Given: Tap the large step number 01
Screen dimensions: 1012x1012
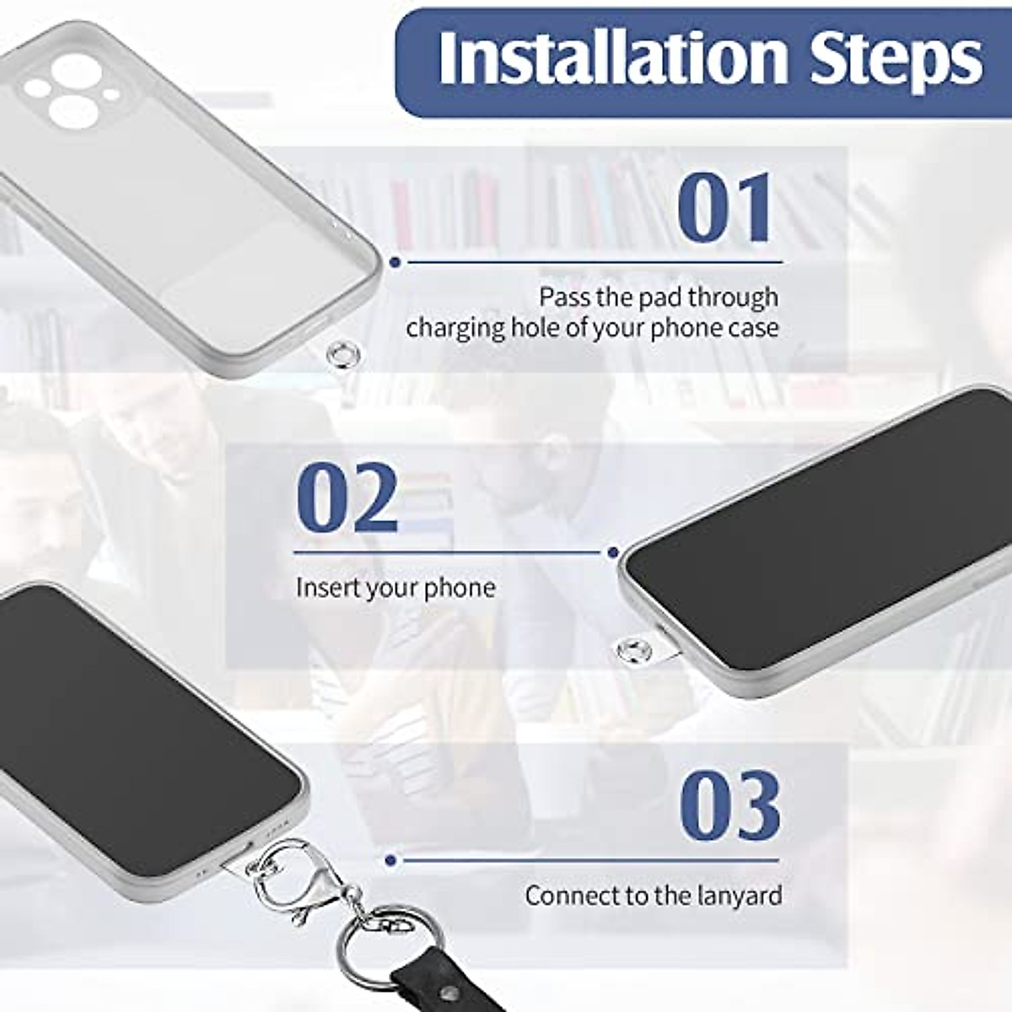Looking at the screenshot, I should point(725,207).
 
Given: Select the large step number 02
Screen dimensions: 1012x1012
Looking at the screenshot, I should point(347,498).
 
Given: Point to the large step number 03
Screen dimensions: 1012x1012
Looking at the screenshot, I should point(729,806).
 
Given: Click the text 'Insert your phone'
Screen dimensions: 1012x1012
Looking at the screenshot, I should point(396,587).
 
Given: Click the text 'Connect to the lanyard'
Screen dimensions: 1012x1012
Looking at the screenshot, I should point(654,895).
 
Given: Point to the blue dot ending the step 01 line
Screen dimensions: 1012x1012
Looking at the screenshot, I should point(394,262).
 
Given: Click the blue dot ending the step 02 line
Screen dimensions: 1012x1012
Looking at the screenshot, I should point(612,552).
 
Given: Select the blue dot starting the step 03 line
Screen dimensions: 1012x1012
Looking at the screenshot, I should point(390,861).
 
